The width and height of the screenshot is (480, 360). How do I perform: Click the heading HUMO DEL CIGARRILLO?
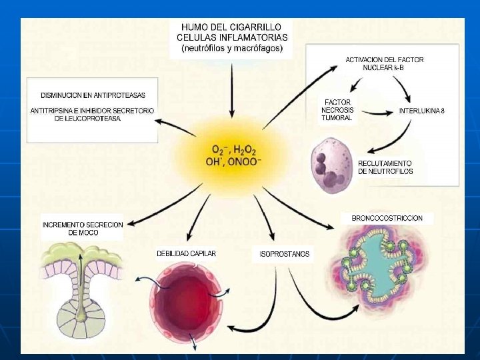pos(231,26)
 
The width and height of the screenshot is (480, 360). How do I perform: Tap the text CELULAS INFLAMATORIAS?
pos(231,37)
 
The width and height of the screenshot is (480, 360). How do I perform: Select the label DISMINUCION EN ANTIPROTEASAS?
pos(93,96)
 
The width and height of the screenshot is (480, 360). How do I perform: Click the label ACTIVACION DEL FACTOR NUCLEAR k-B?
pos(384,63)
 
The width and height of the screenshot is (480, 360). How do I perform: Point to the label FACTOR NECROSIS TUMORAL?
pos(338,109)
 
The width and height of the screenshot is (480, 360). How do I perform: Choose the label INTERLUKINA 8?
pos(421,111)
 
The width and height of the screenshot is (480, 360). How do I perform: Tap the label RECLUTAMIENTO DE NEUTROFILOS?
pos(385,167)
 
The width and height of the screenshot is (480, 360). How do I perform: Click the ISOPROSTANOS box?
pos(283,254)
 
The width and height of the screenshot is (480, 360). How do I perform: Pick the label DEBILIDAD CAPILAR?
pos(186,253)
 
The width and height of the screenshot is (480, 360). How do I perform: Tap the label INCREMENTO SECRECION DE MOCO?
pos(83,229)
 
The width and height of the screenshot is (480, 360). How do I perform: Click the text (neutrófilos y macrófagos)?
pos(231,48)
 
